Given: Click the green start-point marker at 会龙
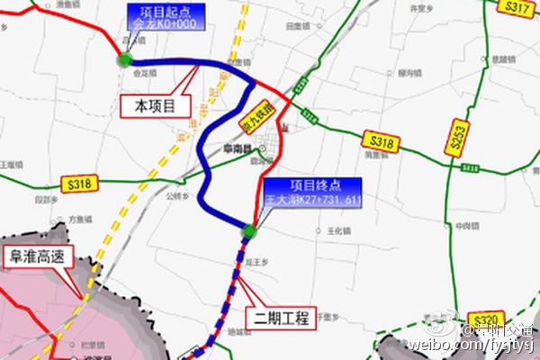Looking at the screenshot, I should [124, 60].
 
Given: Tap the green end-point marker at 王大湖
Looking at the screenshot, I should [249, 233].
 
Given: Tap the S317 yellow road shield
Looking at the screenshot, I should [516, 8].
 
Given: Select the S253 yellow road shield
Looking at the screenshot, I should [458, 136].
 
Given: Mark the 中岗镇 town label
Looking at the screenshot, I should [465, 225].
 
